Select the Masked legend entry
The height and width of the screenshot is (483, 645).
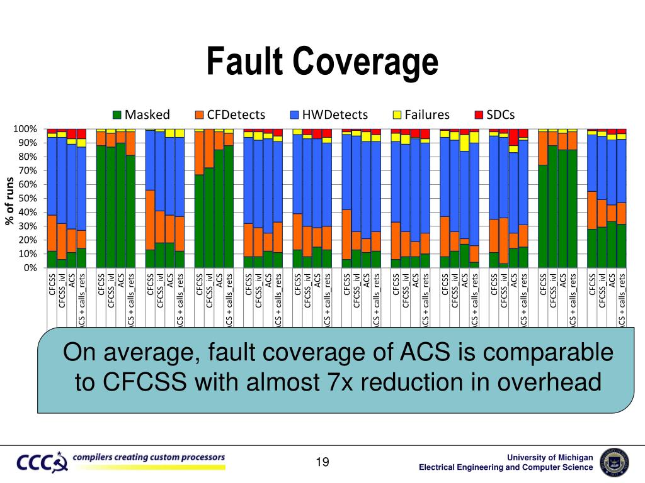click(141, 114)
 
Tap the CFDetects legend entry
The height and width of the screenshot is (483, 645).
click(229, 114)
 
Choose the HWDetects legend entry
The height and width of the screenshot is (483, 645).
click(328, 114)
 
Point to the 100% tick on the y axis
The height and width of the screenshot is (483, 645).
click(25, 130)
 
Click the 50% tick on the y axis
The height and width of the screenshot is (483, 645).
click(27, 199)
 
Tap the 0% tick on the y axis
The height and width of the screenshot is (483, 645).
click(30, 268)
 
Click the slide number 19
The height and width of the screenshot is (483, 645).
click(322, 463)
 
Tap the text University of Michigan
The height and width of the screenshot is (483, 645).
click(554, 457)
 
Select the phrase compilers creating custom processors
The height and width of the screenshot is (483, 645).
click(149, 457)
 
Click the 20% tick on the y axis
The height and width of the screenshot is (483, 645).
click(27, 240)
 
